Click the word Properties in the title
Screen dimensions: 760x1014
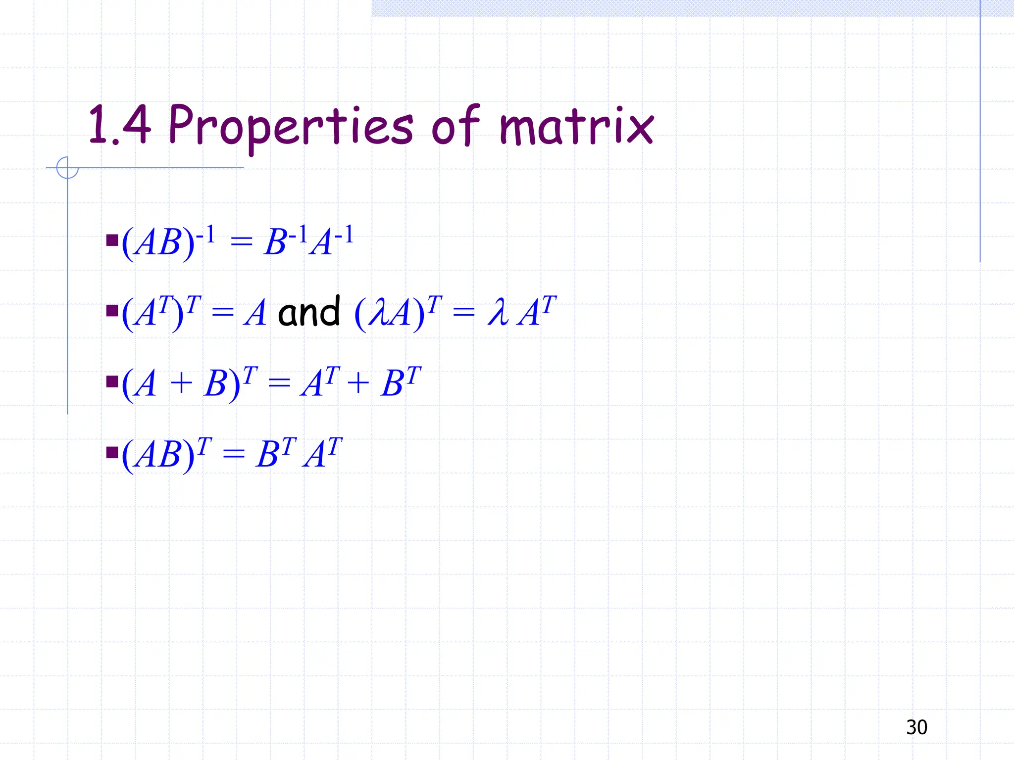point(290,126)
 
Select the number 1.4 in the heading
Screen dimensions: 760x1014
point(119,126)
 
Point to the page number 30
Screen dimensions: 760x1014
point(916,727)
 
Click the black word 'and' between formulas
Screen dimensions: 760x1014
point(309,313)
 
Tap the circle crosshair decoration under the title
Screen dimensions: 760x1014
point(67,168)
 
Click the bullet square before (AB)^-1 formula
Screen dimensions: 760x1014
point(112,241)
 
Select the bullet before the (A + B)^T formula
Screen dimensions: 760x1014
point(112,381)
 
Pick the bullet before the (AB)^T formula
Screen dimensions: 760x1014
point(112,452)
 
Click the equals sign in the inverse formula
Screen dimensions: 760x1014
point(241,242)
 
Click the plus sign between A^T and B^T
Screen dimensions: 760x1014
point(358,383)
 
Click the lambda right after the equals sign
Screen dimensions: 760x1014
point(498,313)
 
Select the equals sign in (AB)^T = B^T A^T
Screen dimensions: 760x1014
point(233,454)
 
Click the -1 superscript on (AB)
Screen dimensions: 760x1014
point(205,234)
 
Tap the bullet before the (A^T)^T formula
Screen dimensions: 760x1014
point(112,311)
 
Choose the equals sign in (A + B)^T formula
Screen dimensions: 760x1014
point(279,383)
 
